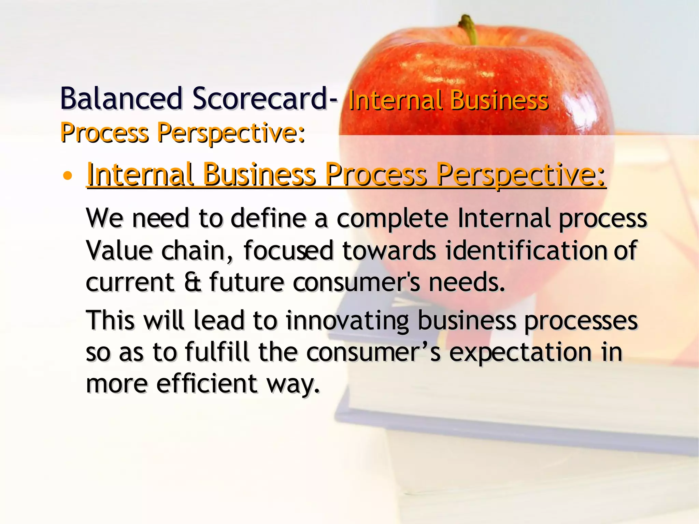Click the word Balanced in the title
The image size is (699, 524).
click(121, 99)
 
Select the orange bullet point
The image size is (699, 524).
click(68, 176)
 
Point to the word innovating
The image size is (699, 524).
click(347, 321)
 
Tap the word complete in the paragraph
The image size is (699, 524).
click(392, 218)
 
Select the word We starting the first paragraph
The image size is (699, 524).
click(104, 218)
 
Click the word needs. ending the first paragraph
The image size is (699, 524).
click(467, 282)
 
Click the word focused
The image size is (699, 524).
click(288, 250)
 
